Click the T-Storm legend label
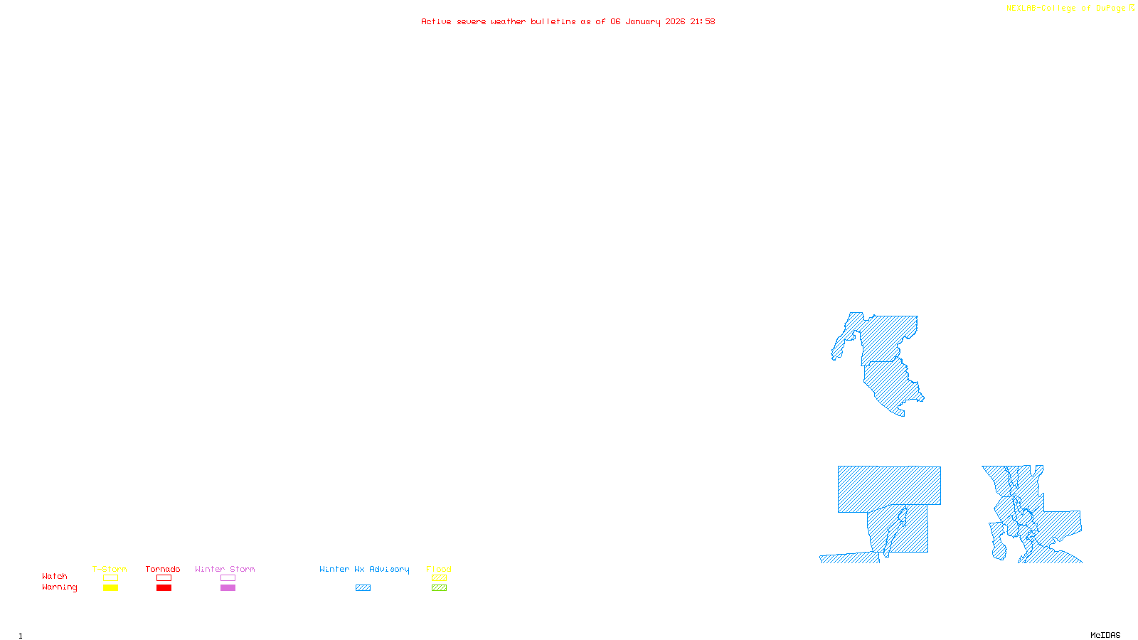pyautogui.click(x=110, y=569)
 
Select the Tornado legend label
pyautogui.click(x=163, y=569)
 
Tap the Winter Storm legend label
pyautogui.click(x=225, y=569)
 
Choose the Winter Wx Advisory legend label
pyautogui.click(x=364, y=569)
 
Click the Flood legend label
pyautogui.click(x=439, y=569)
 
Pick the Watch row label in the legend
pyautogui.click(x=55, y=576)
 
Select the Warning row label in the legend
pyautogui.click(x=60, y=587)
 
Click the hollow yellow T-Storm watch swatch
pyautogui.click(x=110, y=578)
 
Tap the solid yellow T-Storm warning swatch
pyautogui.click(x=110, y=588)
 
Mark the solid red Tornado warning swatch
pyautogui.click(x=164, y=588)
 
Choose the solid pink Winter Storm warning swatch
pyautogui.click(x=228, y=588)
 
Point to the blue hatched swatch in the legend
pyautogui.click(x=363, y=588)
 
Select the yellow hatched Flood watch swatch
pyautogui.click(x=439, y=578)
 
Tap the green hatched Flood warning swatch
pyautogui.click(x=439, y=588)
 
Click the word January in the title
pyautogui.click(x=643, y=21)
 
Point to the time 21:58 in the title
pyautogui.click(x=703, y=21)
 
